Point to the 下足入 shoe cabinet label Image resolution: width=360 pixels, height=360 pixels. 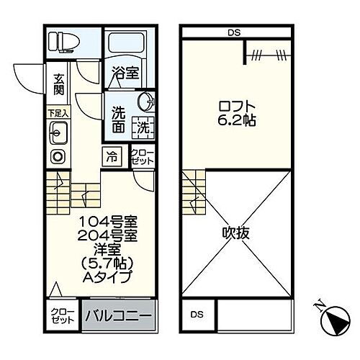tap(58, 114)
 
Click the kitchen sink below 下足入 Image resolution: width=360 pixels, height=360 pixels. tap(58, 132)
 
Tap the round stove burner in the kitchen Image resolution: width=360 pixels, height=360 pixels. tap(57, 156)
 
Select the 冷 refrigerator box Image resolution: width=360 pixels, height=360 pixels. tap(113, 155)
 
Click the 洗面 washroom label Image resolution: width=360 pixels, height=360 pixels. tap(119, 120)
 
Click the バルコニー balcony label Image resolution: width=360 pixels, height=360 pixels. tap(117, 316)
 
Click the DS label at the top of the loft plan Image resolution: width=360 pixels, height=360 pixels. tap(235, 32)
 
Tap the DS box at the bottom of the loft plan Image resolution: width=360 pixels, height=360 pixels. tap(197, 315)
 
